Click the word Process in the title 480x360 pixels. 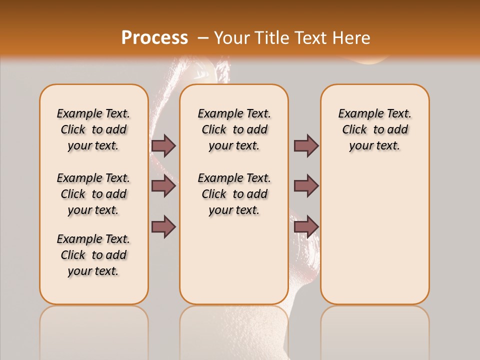pyautogui.click(x=154, y=38)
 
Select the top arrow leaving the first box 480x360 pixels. pyautogui.click(x=163, y=145)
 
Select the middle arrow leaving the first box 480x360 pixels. pyautogui.click(x=163, y=186)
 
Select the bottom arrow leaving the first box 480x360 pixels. pyautogui.click(x=163, y=226)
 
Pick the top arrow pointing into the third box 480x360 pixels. pyautogui.click(x=306, y=145)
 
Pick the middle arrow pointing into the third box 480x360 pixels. pyautogui.click(x=306, y=186)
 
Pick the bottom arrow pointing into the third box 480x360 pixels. pyautogui.click(x=306, y=226)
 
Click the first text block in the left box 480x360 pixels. pyautogui.click(x=93, y=129)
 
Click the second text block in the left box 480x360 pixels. pyautogui.click(x=93, y=194)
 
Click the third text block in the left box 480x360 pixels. pyautogui.click(x=93, y=255)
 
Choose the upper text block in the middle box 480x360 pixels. pyautogui.click(x=234, y=129)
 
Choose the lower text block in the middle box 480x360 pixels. pyautogui.click(x=234, y=194)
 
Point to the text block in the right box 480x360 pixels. pyautogui.click(x=374, y=129)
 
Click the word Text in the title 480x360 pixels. pyautogui.click(x=309, y=38)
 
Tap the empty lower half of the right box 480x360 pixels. pyautogui.click(x=374, y=240)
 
